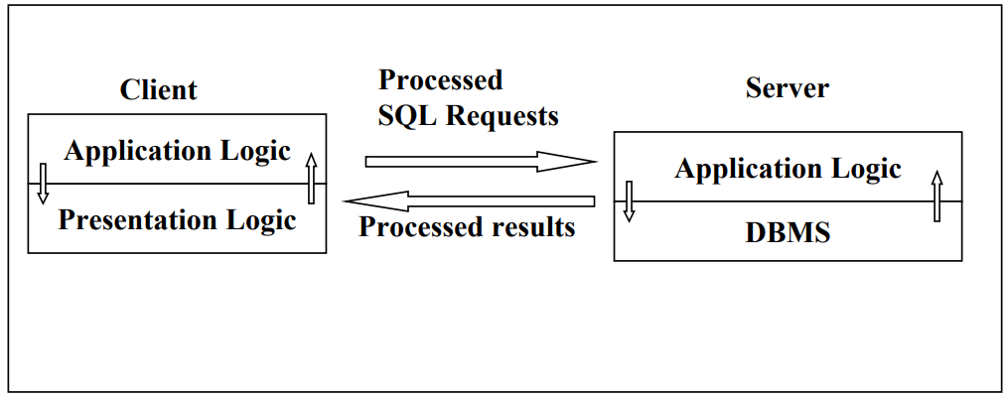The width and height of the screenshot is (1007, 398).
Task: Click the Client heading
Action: pyautogui.click(x=158, y=89)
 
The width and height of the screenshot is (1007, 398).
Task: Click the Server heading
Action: pyautogui.click(x=787, y=87)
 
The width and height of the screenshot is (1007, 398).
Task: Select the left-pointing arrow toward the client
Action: pyautogui.click(x=468, y=200)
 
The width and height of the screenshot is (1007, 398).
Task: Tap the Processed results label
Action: pyautogui.click(x=467, y=227)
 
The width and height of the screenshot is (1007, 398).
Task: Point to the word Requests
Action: pyautogui.click(x=503, y=116)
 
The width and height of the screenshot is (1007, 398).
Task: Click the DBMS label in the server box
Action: pyautogui.click(x=788, y=233)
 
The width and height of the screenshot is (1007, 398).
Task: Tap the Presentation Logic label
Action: pyautogui.click(x=177, y=219)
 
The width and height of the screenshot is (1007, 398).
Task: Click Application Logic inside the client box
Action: pyautogui.click(x=177, y=151)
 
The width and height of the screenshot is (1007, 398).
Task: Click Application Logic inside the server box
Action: pyautogui.click(x=788, y=169)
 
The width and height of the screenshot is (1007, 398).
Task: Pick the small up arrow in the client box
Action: pyautogui.click(x=311, y=179)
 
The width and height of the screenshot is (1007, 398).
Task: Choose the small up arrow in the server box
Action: pyautogui.click(x=935, y=196)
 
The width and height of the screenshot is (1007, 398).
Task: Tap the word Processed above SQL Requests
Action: pyautogui.click(x=441, y=79)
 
